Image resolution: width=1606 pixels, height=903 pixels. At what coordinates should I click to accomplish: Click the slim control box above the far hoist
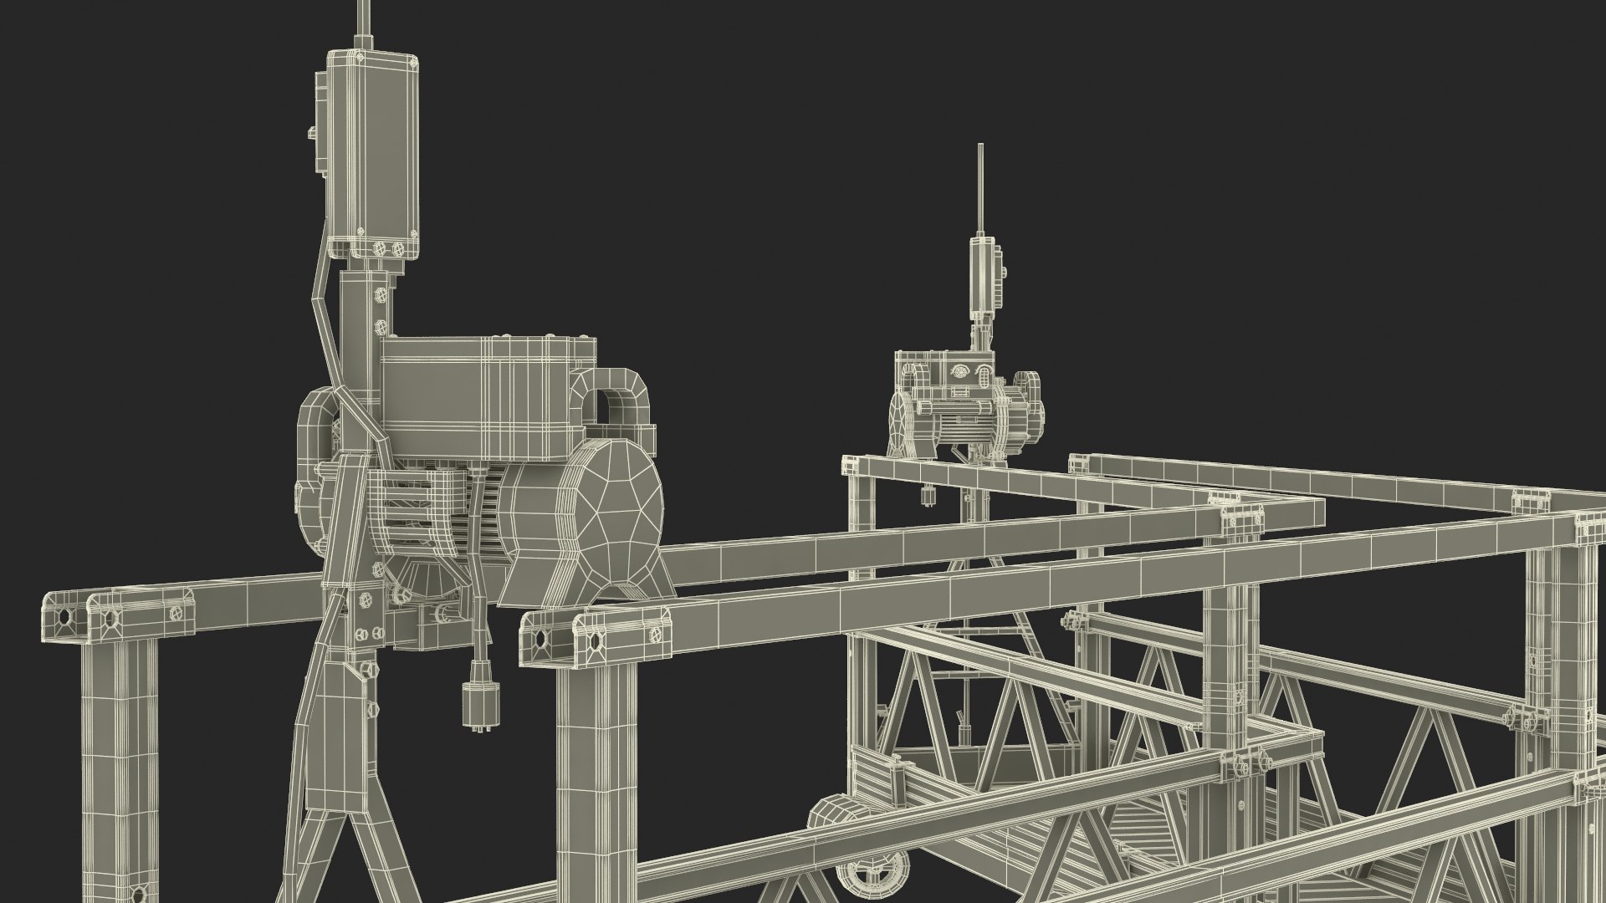click(983, 276)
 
